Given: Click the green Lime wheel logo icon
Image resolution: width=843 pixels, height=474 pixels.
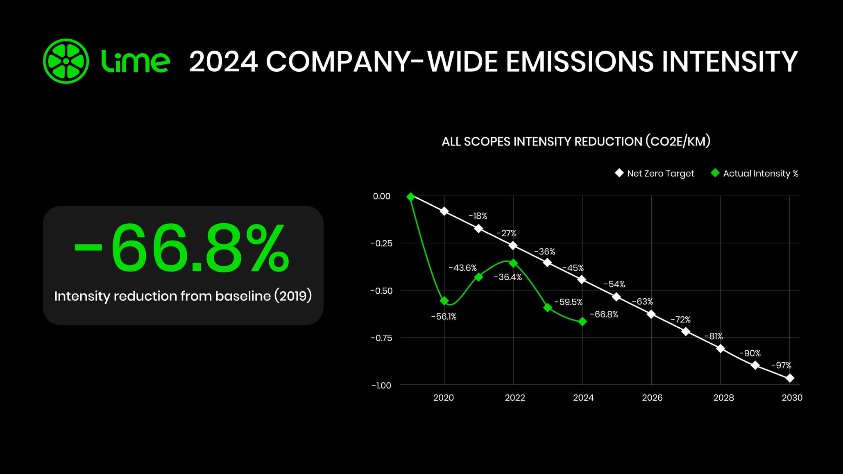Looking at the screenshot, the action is pyautogui.click(x=66, y=61).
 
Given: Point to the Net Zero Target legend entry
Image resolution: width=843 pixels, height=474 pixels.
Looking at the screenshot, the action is pyautogui.click(x=655, y=173).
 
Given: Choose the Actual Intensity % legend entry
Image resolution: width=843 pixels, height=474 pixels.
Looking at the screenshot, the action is pyautogui.click(x=755, y=173).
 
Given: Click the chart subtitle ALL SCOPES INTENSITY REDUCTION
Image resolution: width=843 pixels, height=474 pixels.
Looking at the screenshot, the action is pyautogui.click(x=542, y=141).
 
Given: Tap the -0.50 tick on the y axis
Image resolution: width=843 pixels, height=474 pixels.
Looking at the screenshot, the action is pyautogui.click(x=381, y=291).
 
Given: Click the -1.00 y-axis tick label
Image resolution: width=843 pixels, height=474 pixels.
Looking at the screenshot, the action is pyautogui.click(x=381, y=386).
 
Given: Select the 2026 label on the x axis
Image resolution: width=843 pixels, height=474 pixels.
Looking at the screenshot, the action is pyautogui.click(x=652, y=397).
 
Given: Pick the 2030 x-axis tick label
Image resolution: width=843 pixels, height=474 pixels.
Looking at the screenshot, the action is pyautogui.click(x=792, y=397).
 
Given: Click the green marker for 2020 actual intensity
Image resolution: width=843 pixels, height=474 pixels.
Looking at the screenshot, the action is pyautogui.click(x=444, y=301).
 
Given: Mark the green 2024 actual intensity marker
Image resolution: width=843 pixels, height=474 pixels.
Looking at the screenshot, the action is pyautogui.click(x=582, y=322).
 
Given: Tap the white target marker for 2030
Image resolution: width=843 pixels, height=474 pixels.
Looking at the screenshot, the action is pyautogui.click(x=790, y=378).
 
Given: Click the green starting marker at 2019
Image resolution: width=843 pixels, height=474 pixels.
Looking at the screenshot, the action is pyautogui.click(x=411, y=197).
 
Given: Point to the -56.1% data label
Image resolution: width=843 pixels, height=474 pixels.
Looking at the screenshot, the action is pyautogui.click(x=444, y=317).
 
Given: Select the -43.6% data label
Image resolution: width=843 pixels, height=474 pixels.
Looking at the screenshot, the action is pyautogui.click(x=462, y=268).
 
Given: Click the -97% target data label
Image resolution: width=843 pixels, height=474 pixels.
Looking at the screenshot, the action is pyautogui.click(x=781, y=365).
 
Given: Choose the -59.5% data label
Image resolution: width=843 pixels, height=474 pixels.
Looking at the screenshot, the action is pyautogui.click(x=568, y=302).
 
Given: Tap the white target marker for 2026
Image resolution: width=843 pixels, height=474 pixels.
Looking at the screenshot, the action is pyautogui.click(x=651, y=314).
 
